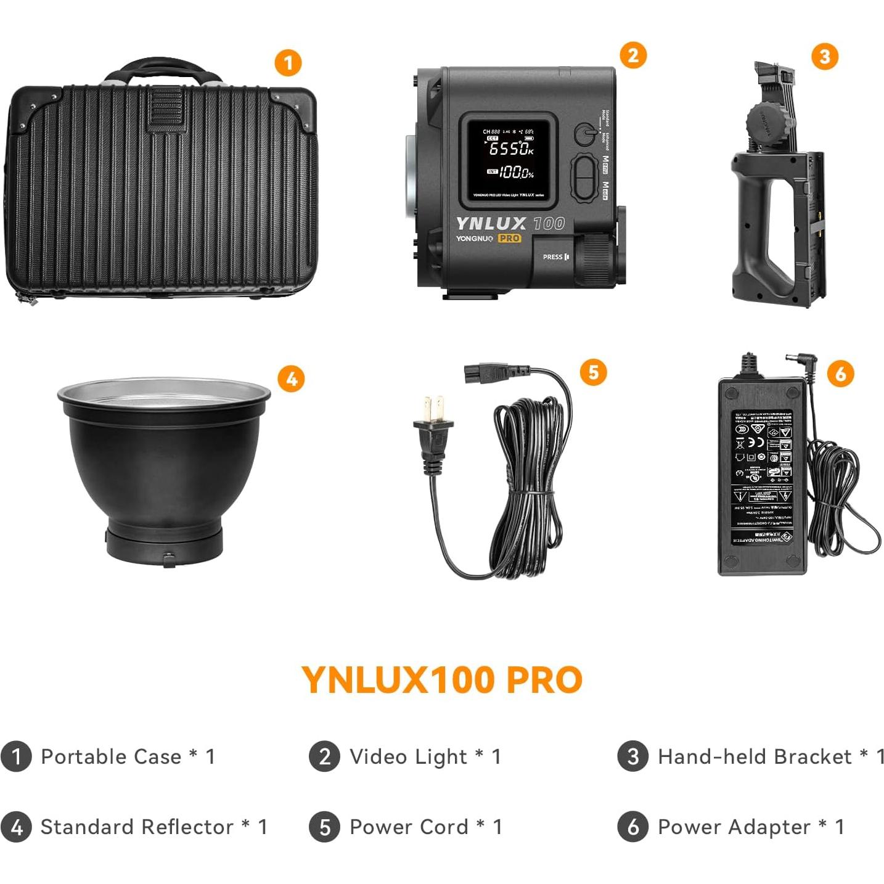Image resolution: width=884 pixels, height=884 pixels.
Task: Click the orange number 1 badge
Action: [x=288, y=63]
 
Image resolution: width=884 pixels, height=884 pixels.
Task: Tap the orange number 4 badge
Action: [x=291, y=379]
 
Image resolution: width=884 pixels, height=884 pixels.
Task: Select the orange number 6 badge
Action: [x=840, y=374]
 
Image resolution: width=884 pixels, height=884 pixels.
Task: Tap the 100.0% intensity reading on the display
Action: [x=515, y=173]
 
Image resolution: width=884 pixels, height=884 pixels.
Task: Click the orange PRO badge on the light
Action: [x=509, y=239]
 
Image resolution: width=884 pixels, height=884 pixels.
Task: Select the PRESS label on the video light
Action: [x=552, y=257]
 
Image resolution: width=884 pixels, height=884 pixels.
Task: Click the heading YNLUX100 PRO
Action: [x=442, y=680]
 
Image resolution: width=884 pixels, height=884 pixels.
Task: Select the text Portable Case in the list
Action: [x=111, y=756]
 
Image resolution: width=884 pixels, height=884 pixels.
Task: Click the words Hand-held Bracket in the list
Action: [x=755, y=756]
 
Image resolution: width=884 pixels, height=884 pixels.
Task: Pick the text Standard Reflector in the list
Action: [x=137, y=827]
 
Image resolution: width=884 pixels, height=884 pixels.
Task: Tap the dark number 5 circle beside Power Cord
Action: [x=325, y=827]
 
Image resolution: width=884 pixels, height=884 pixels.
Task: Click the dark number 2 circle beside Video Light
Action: [x=325, y=756]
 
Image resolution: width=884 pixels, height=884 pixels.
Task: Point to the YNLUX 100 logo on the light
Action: [x=510, y=223]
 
